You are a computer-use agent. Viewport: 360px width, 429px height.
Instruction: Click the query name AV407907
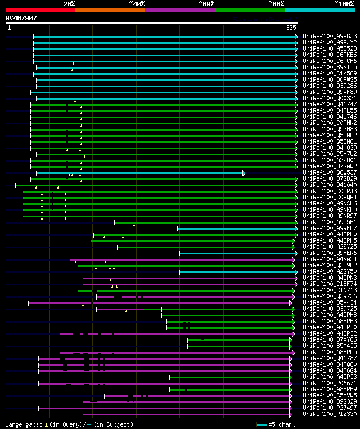tap(21, 18)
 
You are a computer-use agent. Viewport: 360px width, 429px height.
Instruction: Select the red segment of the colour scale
tap(40, 10)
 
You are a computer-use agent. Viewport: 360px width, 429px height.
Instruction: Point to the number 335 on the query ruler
tap(291, 28)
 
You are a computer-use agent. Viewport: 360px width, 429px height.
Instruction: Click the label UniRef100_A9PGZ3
tap(330, 36)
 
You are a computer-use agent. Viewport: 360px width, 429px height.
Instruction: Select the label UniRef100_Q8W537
tap(330, 172)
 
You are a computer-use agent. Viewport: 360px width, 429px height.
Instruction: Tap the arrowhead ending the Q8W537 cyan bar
tap(244, 173)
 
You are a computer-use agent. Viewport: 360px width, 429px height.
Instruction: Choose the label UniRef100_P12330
tap(330, 414)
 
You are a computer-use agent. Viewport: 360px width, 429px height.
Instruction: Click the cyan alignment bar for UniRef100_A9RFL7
tap(236, 229)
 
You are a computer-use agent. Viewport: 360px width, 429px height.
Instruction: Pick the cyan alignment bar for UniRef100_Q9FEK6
tap(236, 253)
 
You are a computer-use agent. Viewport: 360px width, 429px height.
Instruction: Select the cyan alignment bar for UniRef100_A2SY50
tap(236, 272)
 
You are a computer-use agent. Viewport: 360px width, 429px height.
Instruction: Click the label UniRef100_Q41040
tap(330, 185)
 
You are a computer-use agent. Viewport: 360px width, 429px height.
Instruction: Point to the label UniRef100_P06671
tap(330, 383)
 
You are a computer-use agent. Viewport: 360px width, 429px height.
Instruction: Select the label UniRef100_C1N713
tap(330, 290)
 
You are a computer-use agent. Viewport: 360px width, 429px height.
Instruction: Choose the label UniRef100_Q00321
tap(330, 98)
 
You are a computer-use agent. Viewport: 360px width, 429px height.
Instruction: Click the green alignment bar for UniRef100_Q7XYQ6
tap(239, 340)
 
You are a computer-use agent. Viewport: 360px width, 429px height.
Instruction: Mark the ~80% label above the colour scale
tap(276, 3)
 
